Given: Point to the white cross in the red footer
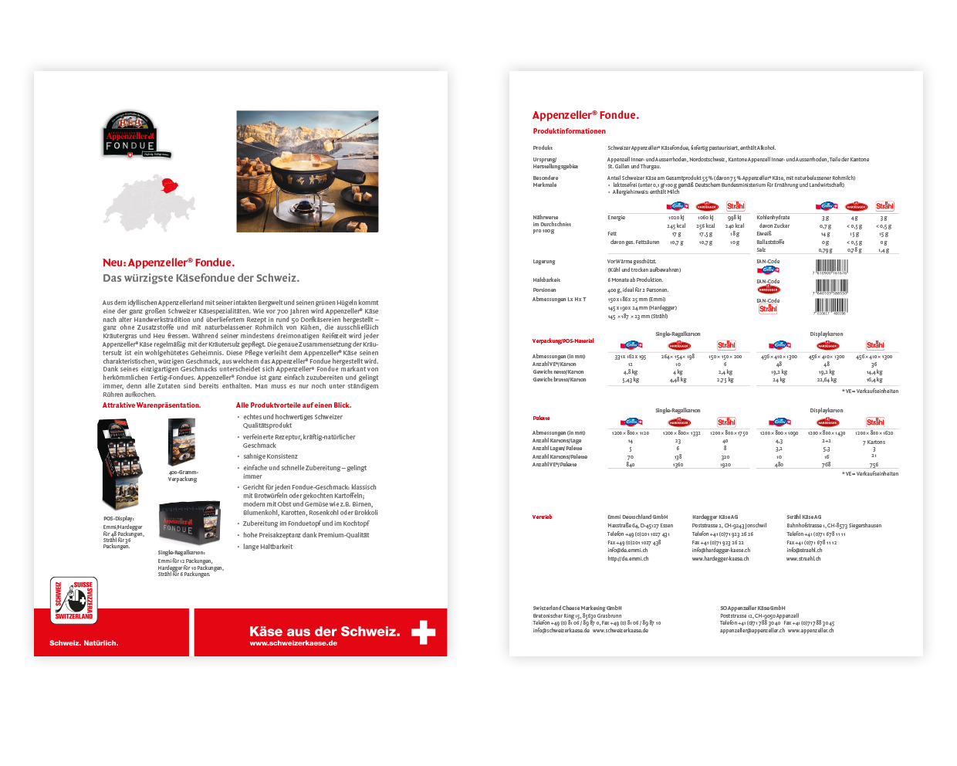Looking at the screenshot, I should pos(423,632).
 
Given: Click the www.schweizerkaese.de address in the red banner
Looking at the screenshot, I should pos(293,643).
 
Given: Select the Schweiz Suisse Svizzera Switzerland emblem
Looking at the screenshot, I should pos(74,600).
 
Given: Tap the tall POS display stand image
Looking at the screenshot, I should pos(120,463).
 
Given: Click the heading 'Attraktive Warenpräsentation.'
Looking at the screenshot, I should pos(151,405).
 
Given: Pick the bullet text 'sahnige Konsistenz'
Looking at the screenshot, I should pos(270,456).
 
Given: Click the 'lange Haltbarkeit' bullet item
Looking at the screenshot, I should pos(268,547).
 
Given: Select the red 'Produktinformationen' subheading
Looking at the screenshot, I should pos(569,131).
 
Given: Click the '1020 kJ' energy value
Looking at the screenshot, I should pos(676,218).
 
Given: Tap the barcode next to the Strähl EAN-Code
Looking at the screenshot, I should pos(830,306).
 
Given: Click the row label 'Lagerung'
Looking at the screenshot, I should pos(543,262).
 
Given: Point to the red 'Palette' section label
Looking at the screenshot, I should pos(541,419).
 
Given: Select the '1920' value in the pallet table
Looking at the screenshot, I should pos(725,465).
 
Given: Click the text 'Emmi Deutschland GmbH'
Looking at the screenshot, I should pos(637,517).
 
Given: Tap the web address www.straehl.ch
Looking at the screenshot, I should pos(803,558).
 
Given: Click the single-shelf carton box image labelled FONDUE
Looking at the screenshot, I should pos(190,524).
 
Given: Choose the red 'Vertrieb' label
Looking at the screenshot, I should pos(542,517).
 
